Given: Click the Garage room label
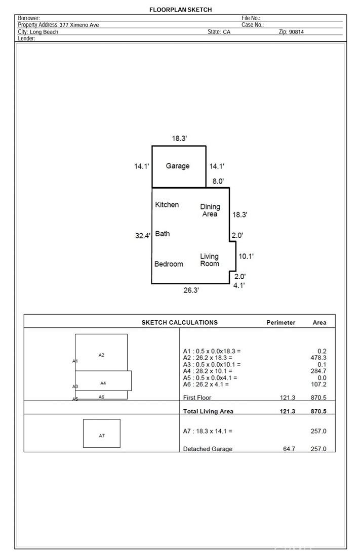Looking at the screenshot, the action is (177, 166).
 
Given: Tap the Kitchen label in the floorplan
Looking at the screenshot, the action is (167, 204).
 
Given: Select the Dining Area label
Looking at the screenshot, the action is (210, 210).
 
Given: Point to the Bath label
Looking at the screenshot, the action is (163, 234).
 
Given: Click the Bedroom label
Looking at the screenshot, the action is (169, 264).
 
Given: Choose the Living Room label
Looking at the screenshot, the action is (210, 260).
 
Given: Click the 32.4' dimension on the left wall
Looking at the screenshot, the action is (142, 236).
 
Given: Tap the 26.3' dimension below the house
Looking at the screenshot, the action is (191, 290).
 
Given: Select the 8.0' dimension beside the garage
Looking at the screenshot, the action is (218, 181).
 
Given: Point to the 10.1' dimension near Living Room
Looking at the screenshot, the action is (246, 256).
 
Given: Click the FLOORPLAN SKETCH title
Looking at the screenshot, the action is (181, 10).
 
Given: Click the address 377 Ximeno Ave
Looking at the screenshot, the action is (79, 25).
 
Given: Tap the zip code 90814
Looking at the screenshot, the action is (296, 32).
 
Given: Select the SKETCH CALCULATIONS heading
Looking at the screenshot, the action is (179, 322).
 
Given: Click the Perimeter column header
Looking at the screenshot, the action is (281, 322).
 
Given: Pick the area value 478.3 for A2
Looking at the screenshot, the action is (318, 358).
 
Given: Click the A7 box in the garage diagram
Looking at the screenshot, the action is (102, 434).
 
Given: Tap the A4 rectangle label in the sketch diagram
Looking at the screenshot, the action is (103, 383).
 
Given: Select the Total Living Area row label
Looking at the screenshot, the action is (208, 411).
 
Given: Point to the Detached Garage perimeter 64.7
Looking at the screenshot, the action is (289, 449).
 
